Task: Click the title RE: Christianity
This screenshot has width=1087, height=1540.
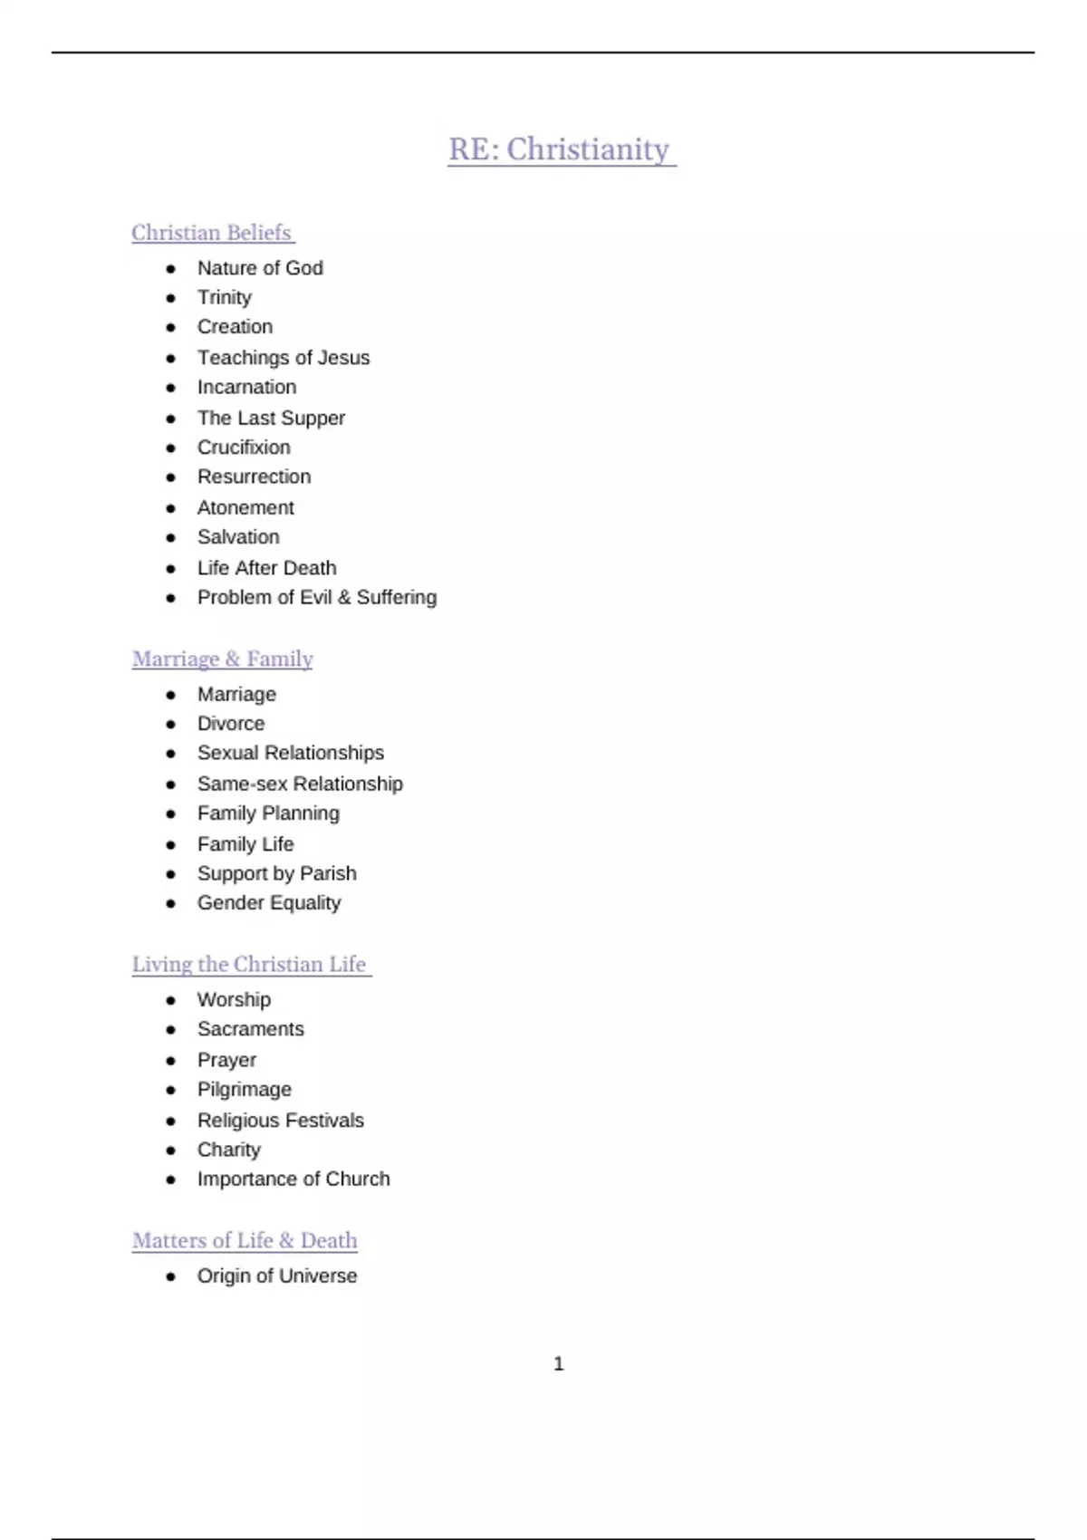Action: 560,149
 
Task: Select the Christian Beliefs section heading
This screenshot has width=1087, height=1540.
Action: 212,233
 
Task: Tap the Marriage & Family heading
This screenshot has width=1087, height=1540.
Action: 222,659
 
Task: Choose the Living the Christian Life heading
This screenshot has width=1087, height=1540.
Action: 250,964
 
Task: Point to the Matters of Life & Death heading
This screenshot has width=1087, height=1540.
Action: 245,1240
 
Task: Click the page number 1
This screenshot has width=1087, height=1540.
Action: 559,1363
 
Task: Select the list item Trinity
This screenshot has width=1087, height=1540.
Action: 225,297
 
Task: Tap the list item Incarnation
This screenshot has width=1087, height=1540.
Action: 246,387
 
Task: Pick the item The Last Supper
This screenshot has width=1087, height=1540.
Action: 271,418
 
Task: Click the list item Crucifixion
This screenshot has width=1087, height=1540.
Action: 244,448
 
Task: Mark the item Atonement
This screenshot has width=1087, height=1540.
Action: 245,507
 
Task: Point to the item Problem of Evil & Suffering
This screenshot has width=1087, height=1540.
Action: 317,597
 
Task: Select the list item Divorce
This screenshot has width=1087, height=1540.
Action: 231,724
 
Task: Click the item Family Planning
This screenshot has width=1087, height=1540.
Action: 268,813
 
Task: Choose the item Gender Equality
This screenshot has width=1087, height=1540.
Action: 269,903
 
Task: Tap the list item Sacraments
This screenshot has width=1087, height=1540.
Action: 251,1029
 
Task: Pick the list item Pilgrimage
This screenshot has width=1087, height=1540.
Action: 245,1089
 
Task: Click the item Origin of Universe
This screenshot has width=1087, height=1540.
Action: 277,1275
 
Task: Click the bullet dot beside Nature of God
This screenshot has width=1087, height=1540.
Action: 171,268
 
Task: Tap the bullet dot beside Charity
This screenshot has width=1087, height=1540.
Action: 171,1150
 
